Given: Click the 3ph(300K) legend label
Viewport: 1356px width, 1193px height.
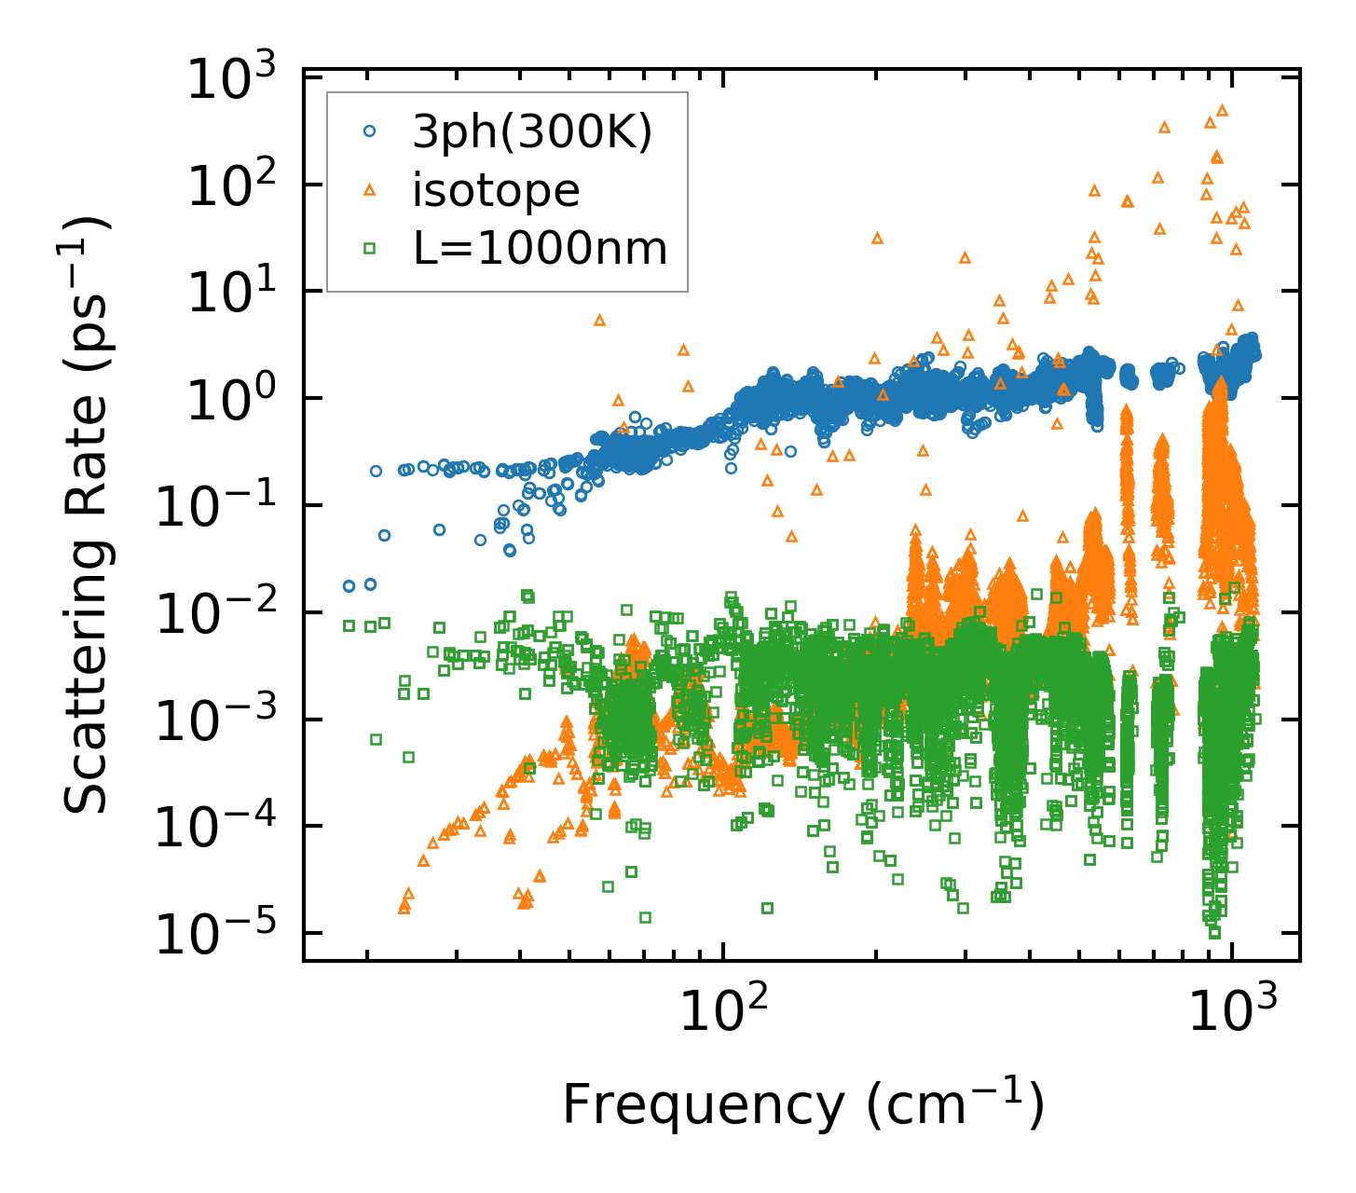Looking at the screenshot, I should pyautogui.click(x=532, y=132).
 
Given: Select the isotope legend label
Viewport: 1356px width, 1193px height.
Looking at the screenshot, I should pyautogui.click(x=496, y=190).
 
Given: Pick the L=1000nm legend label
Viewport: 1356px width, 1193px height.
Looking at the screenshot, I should pyautogui.click(x=540, y=248).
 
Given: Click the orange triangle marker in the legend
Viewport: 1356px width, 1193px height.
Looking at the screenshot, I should pyautogui.click(x=369, y=190).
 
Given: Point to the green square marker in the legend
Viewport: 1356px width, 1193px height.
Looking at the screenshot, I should pyautogui.click(x=369, y=248).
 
